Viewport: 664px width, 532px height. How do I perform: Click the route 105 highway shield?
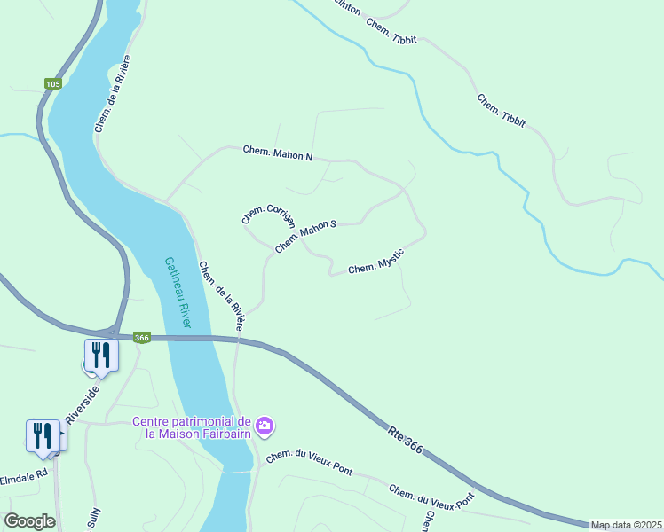(x=53, y=84)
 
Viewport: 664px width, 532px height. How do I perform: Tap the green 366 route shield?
(x=142, y=337)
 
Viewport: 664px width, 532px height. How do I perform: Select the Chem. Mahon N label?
(x=278, y=153)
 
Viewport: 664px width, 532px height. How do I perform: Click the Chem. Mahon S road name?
(x=305, y=237)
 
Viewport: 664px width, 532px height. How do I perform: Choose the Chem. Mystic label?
(x=376, y=262)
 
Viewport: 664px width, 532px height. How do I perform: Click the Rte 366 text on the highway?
(x=405, y=440)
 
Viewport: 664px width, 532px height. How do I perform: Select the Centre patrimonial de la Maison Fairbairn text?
(x=192, y=426)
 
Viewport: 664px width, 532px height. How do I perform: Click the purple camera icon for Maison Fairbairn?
(x=265, y=427)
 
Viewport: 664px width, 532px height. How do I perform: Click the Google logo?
(x=29, y=521)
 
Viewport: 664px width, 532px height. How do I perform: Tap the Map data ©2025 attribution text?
(x=626, y=525)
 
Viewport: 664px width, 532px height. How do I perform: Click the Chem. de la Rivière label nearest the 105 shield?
(x=113, y=94)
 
